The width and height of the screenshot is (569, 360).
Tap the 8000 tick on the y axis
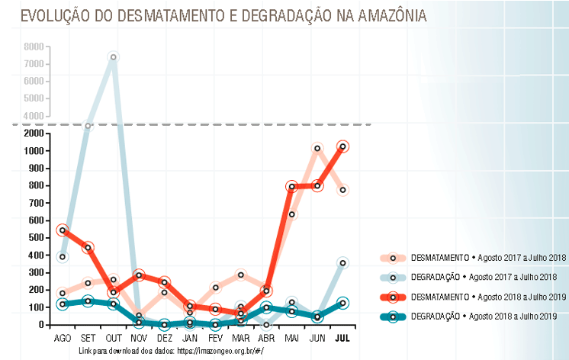(34, 47)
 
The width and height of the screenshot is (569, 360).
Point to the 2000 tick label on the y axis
(34, 133)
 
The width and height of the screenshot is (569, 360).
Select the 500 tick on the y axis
(36, 238)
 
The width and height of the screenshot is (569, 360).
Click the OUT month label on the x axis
(114, 336)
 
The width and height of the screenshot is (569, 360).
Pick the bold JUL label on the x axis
(343, 336)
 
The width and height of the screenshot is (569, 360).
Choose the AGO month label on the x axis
(63, 336)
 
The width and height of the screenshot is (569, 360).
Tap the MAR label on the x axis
(241, 336)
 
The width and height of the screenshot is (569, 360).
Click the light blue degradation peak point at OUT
(114, 57)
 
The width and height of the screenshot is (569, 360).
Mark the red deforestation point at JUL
(343, 146)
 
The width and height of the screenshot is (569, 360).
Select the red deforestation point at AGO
(63, 230)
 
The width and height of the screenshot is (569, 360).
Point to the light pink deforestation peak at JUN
(317, 149)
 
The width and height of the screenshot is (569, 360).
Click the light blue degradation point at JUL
(343, 263)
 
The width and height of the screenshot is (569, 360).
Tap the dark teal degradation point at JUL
(343, 304)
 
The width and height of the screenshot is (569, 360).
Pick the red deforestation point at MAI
(292, 186)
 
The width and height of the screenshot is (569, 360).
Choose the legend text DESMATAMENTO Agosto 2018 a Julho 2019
(487, 297)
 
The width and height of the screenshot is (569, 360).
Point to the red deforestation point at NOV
(139, 275)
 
